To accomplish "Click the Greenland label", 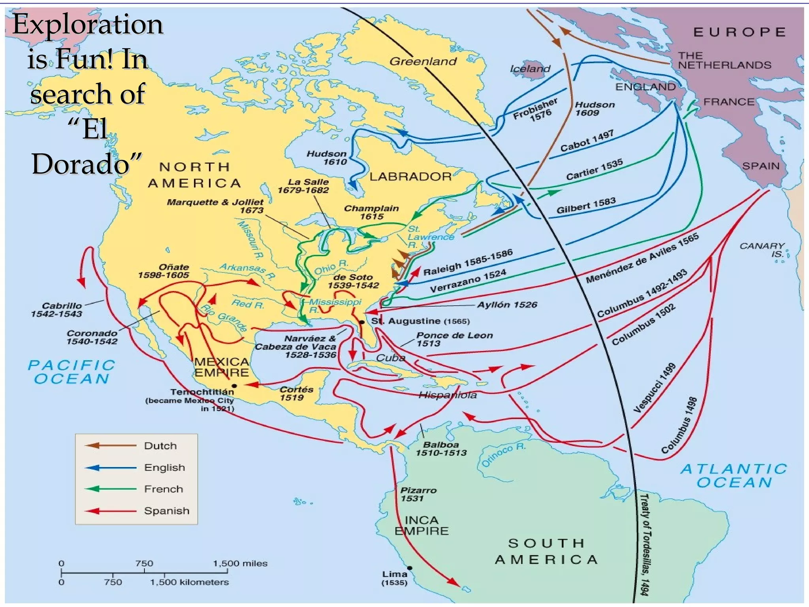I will pos(423,61).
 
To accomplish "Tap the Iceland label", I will pos(530,69).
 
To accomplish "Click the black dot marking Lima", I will pos(410,568).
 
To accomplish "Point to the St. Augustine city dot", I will pos(361,322).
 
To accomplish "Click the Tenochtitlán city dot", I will pos(234,386).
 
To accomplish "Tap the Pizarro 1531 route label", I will pos(418,494).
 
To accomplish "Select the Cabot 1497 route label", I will pos(587,141).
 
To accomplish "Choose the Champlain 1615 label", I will pos(371,212).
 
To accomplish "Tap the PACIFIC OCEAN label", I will pos(71,371).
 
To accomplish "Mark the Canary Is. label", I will pos(762,250).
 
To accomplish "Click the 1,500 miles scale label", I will pos(240,563).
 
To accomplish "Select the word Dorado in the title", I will pos(81,164).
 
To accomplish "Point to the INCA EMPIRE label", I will pos(421,525).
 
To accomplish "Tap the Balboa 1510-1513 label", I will pos(441,449).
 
